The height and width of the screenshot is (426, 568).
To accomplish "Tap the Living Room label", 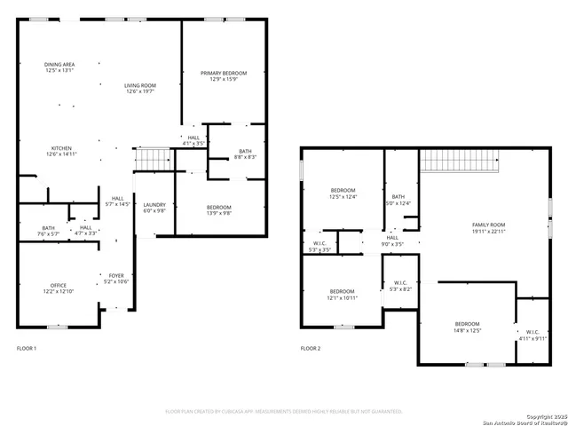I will [139, 85].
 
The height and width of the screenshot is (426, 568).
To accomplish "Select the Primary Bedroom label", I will [223, 73].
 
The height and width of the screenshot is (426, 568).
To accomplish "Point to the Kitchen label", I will [61, 148].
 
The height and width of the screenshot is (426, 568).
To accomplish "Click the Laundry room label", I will [154, 204].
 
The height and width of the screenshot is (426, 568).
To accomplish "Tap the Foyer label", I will [117, 276].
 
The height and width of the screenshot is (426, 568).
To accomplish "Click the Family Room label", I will [488, 225].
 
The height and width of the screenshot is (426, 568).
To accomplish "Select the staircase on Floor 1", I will [152, 158].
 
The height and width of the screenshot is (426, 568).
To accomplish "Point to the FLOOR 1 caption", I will [27, 349].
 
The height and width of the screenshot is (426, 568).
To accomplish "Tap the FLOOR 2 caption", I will [311, 349].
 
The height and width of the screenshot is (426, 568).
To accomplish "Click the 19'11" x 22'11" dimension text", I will [488, 232].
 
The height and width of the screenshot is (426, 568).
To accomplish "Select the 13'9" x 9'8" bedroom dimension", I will [219, 213].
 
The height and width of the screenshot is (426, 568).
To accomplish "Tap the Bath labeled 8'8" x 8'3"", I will [245, 154].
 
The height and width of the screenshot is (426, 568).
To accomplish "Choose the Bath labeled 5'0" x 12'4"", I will [398, 200].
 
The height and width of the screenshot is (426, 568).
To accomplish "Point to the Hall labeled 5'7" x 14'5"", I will [117, 201].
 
